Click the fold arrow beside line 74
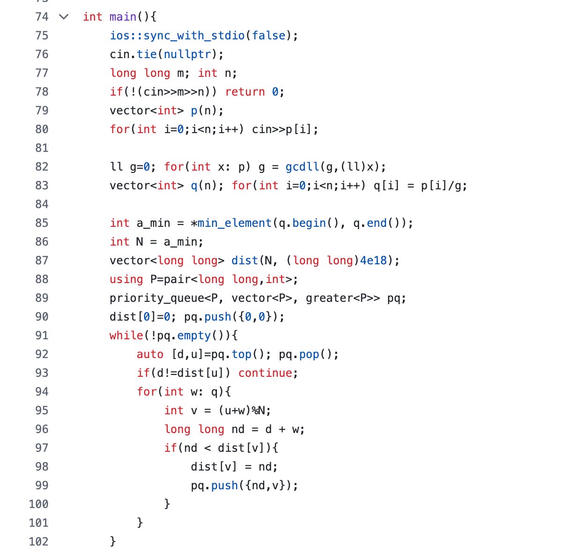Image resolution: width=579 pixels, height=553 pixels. point(64,17)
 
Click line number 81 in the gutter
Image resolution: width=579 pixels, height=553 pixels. point(42,148)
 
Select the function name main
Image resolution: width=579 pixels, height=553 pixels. point(123,17)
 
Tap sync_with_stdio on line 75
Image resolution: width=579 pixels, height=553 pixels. point(194,36)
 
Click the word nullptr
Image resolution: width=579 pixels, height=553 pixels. point(187,54)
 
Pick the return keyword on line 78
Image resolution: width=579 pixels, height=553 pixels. point(245,92)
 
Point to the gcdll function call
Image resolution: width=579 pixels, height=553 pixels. point(302,167)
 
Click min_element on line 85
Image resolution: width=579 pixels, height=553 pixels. point(234,223)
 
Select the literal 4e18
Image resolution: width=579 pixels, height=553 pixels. point(373,261)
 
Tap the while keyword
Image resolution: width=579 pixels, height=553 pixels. point(126,336)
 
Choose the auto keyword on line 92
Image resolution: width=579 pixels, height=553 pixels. point(150,354)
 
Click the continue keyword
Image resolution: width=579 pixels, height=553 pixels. point(265,373)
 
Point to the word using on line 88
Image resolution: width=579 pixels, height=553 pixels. point(126,279)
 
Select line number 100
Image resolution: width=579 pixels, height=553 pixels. point(38,504)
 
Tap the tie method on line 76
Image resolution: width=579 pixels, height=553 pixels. point(147,54)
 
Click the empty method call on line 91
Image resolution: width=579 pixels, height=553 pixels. point(194,336)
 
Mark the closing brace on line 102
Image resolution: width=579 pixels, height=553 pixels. point(112,542)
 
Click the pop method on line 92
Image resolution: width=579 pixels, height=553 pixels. point(309,354)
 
